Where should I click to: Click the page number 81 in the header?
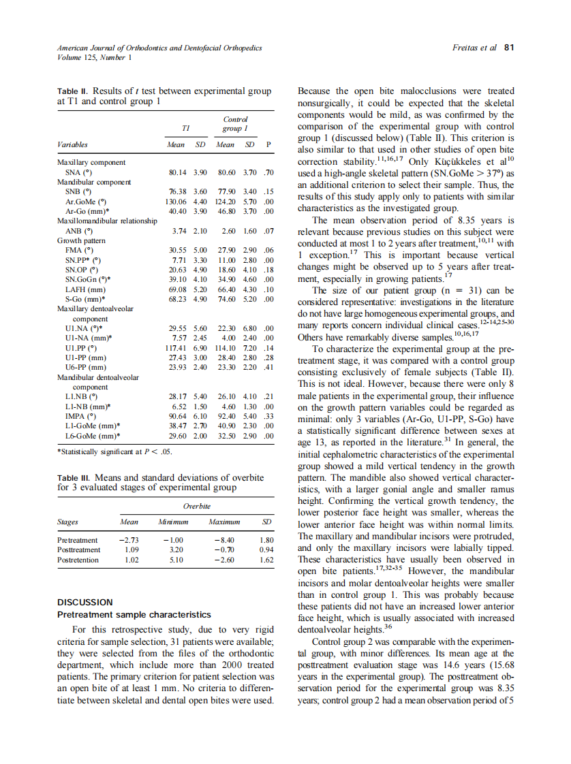tap(508, 48)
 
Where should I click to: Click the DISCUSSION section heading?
tap(85, 602)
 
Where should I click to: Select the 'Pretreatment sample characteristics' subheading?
tap(134, 615)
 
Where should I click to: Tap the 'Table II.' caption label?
tap(73, 91)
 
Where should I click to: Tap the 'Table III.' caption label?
tap(74, 477)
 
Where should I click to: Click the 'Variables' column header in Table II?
tap(72, 145)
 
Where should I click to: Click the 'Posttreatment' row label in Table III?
tap(79, 549)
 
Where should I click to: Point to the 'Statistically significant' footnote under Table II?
tap(116, 451)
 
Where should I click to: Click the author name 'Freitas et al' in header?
tap(474, 48)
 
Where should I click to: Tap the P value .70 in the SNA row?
tap(268, 173)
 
